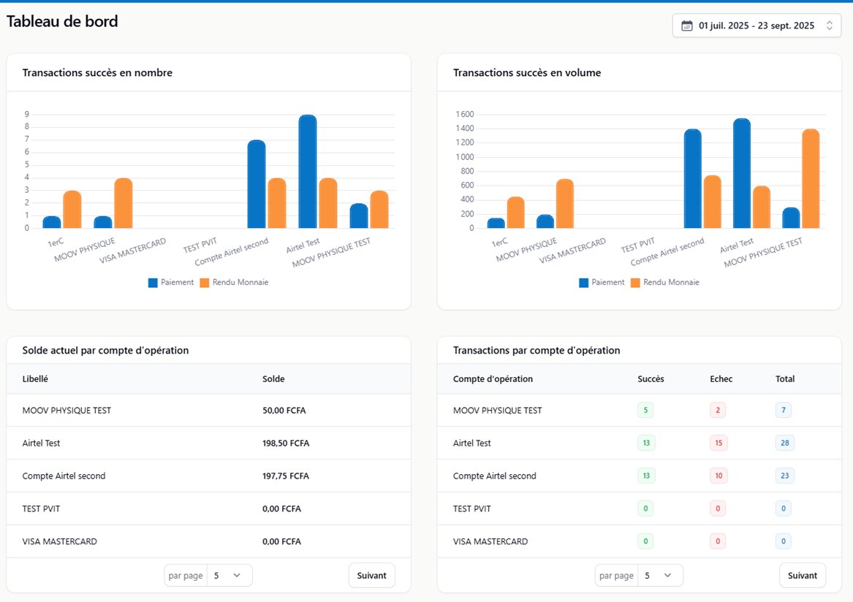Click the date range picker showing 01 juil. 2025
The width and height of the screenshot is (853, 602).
tap(756, 26)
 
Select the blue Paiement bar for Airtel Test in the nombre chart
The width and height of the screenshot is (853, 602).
tap(307, 172)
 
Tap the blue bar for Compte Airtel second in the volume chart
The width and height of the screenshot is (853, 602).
tap(692, 179)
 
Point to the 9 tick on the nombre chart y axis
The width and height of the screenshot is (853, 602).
tap(27, 115)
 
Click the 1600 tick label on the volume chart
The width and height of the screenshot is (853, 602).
tap(464, 115)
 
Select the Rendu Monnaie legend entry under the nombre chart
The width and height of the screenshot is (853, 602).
tap(234, 283)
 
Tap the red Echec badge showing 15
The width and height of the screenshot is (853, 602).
tap(717, 443)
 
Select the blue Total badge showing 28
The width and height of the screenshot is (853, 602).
tap(784, 443)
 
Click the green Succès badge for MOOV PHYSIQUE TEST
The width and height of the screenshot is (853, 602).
tap(645, 411)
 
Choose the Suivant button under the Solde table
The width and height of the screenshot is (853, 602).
tap(371, 576)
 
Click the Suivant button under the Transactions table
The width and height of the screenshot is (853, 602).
tap(802, 576)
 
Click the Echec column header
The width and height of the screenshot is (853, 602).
tap(721, 379)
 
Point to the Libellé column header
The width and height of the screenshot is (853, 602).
tap(35, 379)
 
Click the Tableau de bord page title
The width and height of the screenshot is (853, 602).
tap(62, 22)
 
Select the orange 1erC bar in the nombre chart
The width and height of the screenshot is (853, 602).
tap(72, 210)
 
